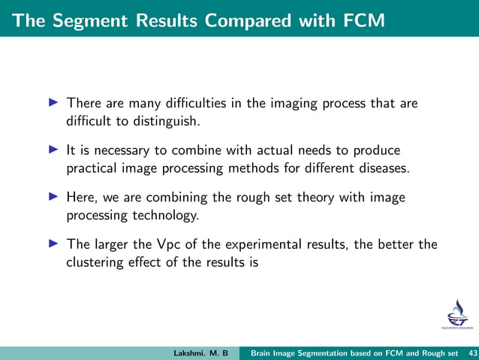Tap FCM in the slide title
tap(360, 21)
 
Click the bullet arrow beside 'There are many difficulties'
tap(54, 102)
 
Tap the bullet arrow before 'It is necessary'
tap(54, 149)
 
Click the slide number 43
tap(471, 352)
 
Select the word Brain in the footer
tap(263, 352)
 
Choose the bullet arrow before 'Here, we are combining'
tap(54, 196)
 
